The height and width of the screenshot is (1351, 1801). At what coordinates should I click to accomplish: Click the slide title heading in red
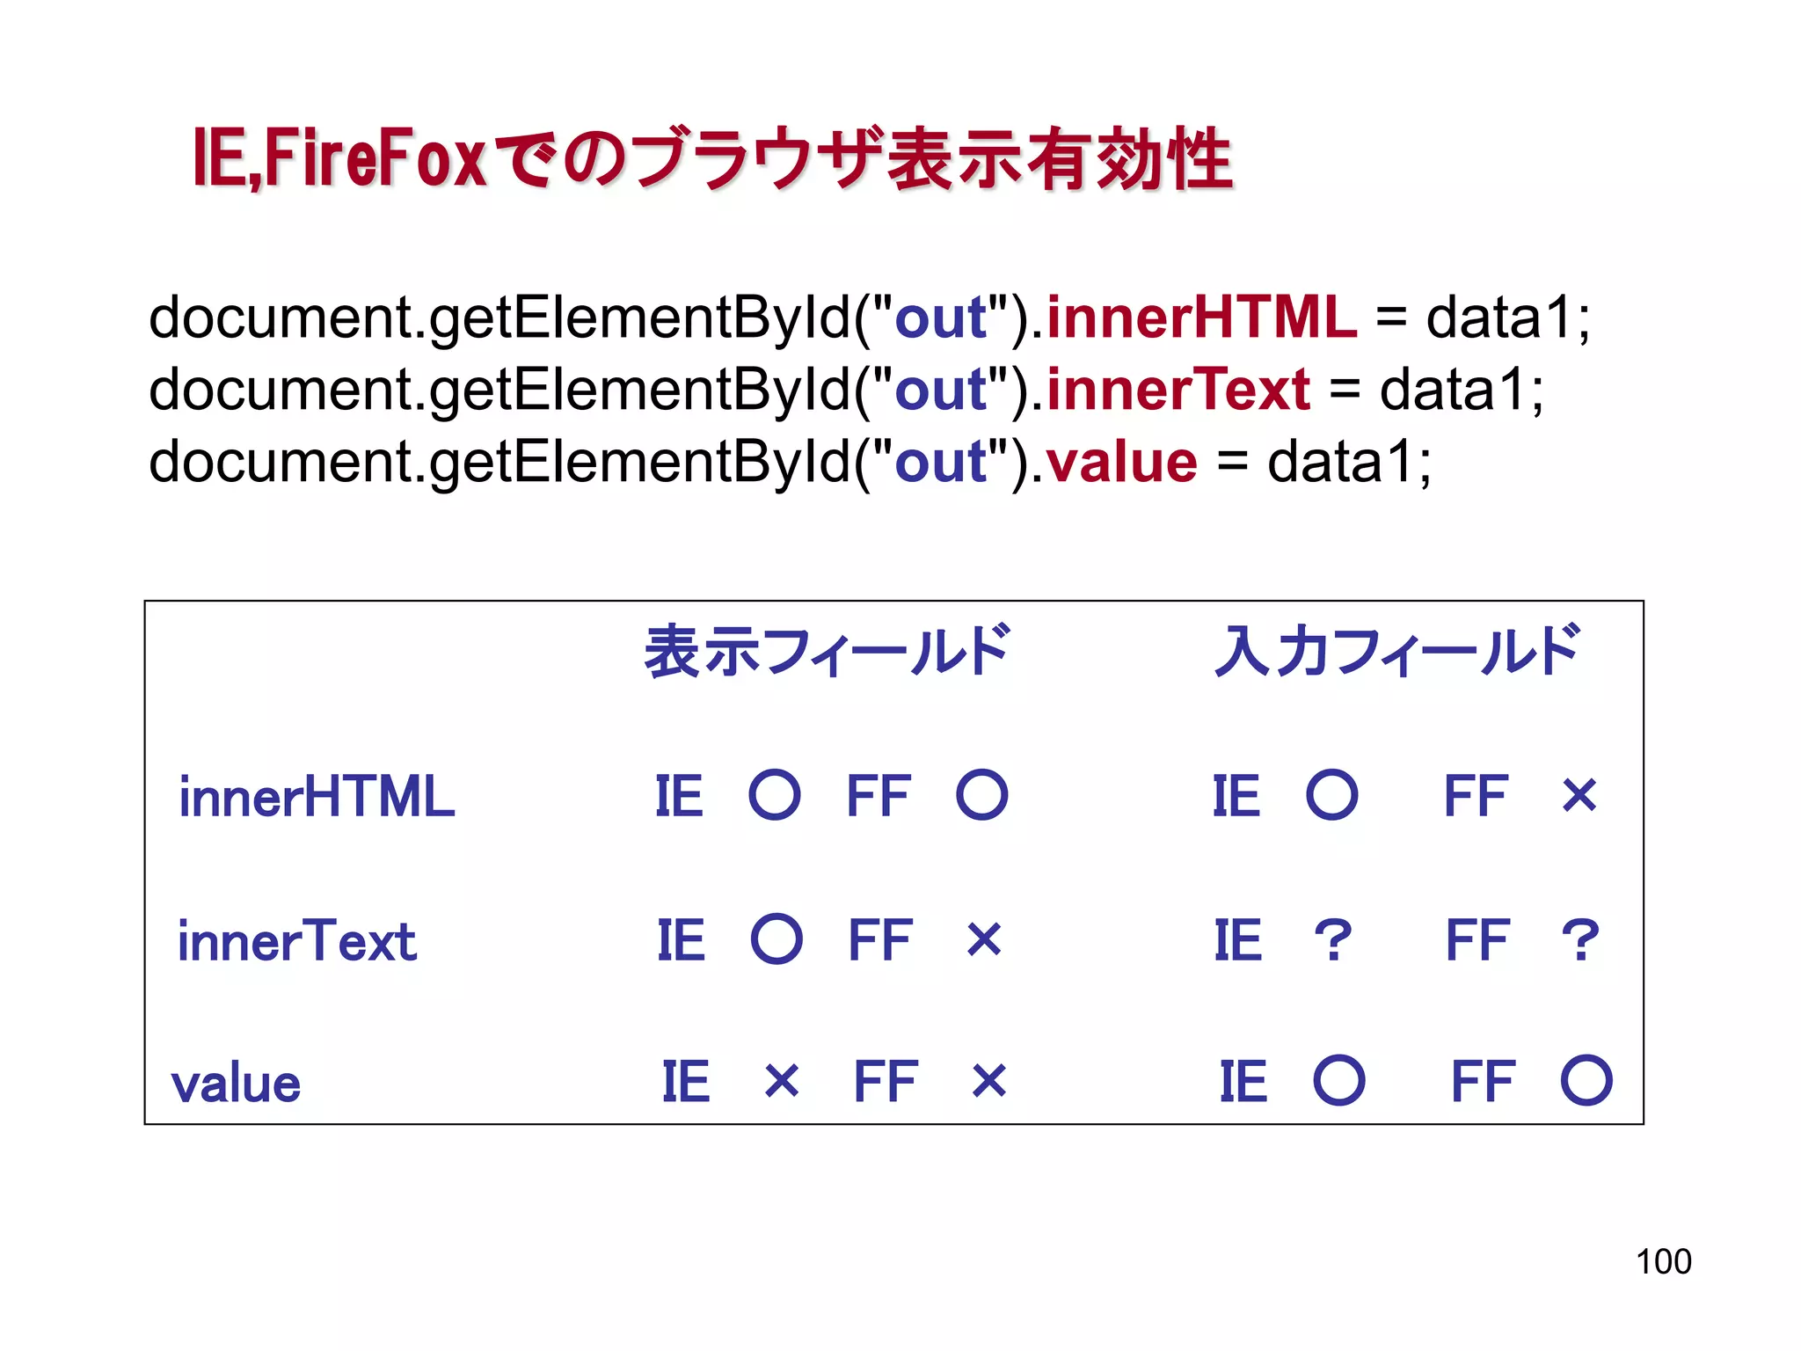pos(712,159)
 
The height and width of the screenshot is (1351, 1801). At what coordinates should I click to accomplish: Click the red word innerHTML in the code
pos(1201,318)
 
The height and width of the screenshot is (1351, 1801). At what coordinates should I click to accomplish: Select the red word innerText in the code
pos(1178,390)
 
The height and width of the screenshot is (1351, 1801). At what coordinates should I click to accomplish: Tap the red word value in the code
pos(1121,462)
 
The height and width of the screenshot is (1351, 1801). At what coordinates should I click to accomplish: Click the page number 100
pos(1663,1261)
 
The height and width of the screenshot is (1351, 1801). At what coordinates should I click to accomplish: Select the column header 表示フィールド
pos(828,652)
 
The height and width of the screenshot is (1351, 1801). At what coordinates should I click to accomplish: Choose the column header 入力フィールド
pos(1398,652)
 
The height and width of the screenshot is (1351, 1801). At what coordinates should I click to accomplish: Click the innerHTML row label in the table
pos(317,797)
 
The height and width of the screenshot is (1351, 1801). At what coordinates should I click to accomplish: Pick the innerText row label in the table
pos(297,941)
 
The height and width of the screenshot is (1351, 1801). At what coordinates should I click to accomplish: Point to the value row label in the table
pos(236,1084)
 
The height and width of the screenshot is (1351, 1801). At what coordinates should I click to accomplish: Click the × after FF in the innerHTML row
pos(1579,796)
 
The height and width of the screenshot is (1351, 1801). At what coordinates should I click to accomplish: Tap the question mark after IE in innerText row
pos(1333,940)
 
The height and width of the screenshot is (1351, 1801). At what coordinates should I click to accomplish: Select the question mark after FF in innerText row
pos(1580,940)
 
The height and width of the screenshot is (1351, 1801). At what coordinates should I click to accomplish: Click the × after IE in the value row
pos(782,1081)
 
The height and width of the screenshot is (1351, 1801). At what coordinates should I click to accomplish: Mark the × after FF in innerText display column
pos(984,939)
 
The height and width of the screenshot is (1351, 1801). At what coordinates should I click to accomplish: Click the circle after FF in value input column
pos(1586,1080)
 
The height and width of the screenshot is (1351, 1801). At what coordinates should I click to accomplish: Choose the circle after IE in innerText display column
pos(777,939)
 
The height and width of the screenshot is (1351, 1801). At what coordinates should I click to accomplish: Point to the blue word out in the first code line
pos(940,318)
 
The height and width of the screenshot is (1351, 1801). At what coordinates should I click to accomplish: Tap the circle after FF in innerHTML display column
pos(982,795)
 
